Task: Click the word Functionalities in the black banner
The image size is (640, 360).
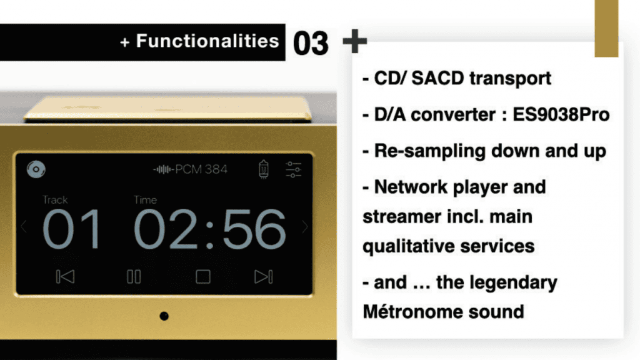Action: click(x=207, y=41)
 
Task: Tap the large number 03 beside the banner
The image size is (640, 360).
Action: click(x=311, y=43)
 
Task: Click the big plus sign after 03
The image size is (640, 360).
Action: click(x=355, y=41)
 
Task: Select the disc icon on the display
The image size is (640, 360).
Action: click(x=36, y=169)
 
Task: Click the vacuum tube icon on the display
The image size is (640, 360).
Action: click(x=264, y=169)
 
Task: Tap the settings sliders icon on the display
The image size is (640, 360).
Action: click(x=294, y=169)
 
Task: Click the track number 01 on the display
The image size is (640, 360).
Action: click(x=71, y=229)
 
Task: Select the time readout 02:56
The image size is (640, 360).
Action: click(x=209, y=229)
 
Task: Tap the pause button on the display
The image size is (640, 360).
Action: click(x=134, y=277)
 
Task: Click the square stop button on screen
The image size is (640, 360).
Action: click(x=203, y=277)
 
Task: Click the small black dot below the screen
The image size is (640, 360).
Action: click(x=164, y=316)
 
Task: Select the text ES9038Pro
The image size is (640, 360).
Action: click(x=561, y=114)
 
